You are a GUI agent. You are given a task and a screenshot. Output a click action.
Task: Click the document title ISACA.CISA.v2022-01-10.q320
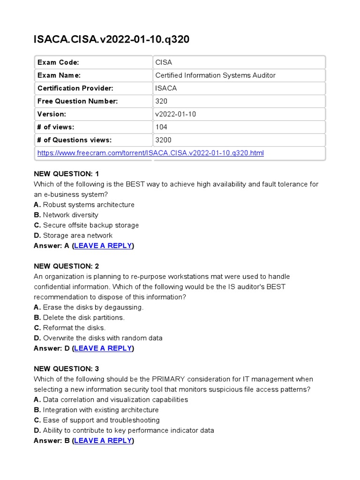point(112,39)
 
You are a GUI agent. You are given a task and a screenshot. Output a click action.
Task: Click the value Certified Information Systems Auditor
point(215,75)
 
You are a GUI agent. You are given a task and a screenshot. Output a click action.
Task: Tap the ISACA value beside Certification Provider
point(166,88)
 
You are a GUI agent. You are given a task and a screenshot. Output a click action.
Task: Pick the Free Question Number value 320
point(161,101)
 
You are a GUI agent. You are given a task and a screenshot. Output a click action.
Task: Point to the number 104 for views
point(161,127)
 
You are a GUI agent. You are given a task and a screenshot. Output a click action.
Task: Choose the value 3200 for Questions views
point(163,140)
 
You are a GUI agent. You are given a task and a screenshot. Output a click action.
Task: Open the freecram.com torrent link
point(150,153)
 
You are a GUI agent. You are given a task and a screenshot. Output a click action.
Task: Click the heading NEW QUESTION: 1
point(67,174)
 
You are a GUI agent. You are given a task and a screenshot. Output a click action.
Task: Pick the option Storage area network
point(78,235)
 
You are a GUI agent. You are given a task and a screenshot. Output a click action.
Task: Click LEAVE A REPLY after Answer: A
point(103,246)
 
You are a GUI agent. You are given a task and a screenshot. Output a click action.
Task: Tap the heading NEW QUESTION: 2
point(67,266)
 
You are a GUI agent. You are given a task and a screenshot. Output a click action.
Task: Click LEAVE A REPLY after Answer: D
point(103,348)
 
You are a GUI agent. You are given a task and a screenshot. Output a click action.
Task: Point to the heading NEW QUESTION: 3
point(67,369)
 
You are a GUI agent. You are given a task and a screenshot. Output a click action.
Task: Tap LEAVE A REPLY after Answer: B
point(103,441)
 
